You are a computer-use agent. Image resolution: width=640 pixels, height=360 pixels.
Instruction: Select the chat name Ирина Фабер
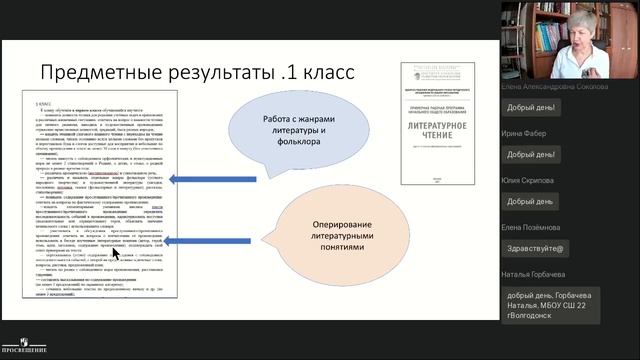526,132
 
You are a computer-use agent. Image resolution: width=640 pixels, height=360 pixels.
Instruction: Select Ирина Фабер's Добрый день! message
532,155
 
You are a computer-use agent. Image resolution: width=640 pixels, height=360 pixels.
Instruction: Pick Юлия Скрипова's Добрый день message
530,201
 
